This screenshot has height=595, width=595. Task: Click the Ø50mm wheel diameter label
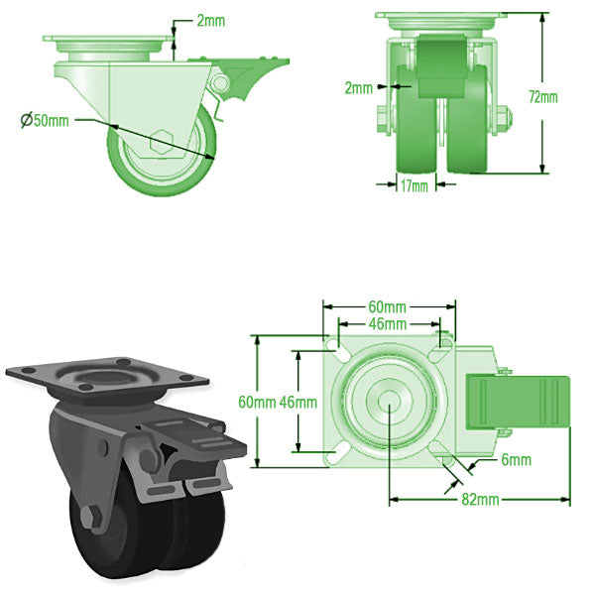[46, 121]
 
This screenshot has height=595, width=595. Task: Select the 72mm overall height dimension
[542, 96]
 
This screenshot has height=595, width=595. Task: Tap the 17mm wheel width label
[414, 184]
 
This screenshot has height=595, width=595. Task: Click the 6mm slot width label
[516, 460]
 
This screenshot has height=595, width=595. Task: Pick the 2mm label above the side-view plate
[210, 20]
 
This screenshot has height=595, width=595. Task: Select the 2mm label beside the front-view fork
[358, 87]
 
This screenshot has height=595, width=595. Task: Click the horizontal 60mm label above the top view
[388, 306]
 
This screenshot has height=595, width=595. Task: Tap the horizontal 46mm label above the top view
[388, 324]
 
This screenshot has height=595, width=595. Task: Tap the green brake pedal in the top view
[521, 403]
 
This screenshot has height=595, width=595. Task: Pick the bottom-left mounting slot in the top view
[338, 453]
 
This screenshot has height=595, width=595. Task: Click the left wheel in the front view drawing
[415, 124]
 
